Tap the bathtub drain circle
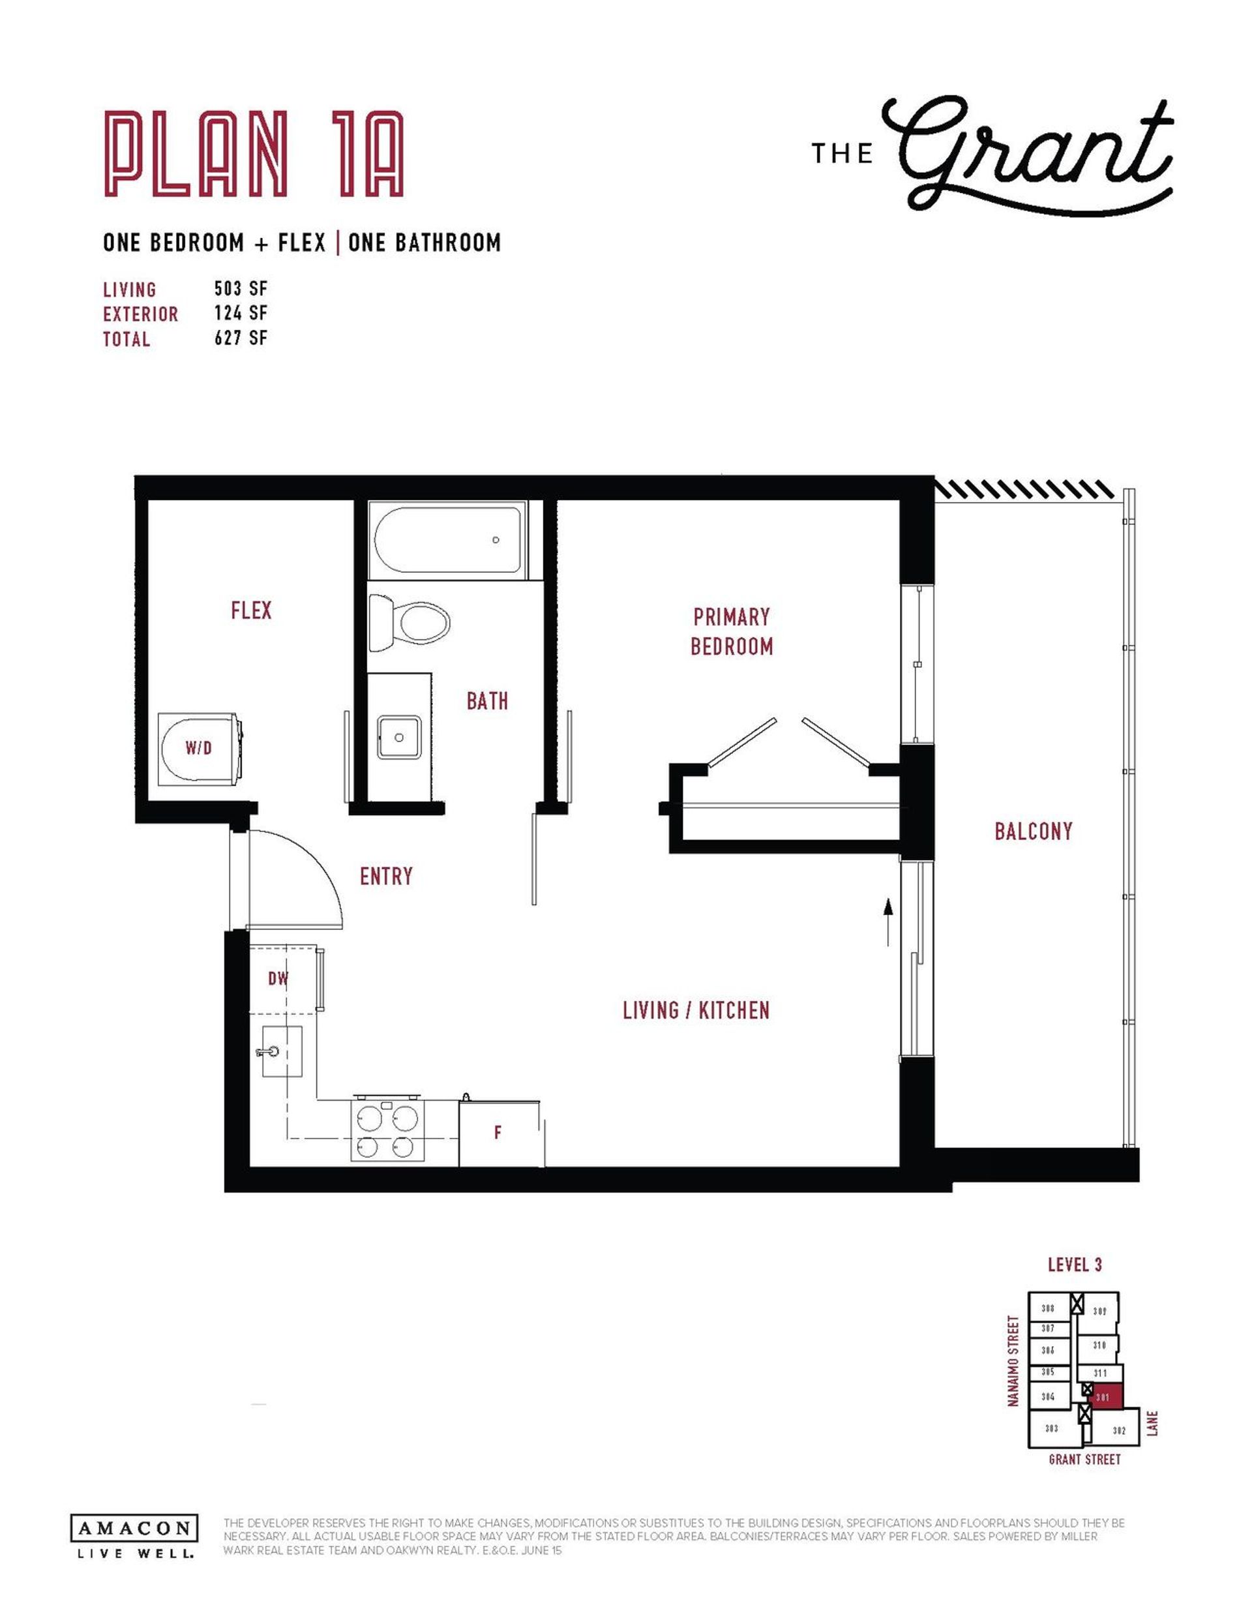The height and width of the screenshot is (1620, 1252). click(x=496, y=540)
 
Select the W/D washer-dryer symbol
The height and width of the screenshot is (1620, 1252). click(x=199, y=747)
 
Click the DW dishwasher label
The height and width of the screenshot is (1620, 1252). click(x=278, y=978)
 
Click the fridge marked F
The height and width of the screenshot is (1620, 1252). click(x=498, y=1133)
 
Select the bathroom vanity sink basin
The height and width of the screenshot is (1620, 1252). click(x=400, y=738)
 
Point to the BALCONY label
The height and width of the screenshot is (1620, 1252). click(x=1033, y=831)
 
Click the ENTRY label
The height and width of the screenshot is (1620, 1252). click(x=385, y=876)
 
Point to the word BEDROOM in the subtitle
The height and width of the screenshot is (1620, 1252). click(x=196, y=243)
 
